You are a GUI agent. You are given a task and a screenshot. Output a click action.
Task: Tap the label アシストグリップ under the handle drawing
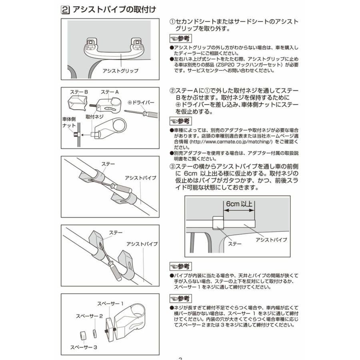point(120,71)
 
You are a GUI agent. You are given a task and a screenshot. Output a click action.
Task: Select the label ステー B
point(79,92)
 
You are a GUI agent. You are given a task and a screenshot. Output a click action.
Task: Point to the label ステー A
point(110,92)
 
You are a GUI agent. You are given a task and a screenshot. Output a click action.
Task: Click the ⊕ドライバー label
point(142,102)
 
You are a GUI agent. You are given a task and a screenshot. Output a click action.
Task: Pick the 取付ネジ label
point(95,117)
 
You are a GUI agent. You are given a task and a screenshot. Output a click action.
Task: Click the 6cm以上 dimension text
point(239,204)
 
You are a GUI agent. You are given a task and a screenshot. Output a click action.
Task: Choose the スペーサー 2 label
point(90,316)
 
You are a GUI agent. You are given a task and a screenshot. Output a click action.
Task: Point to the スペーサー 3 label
point(84,347)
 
